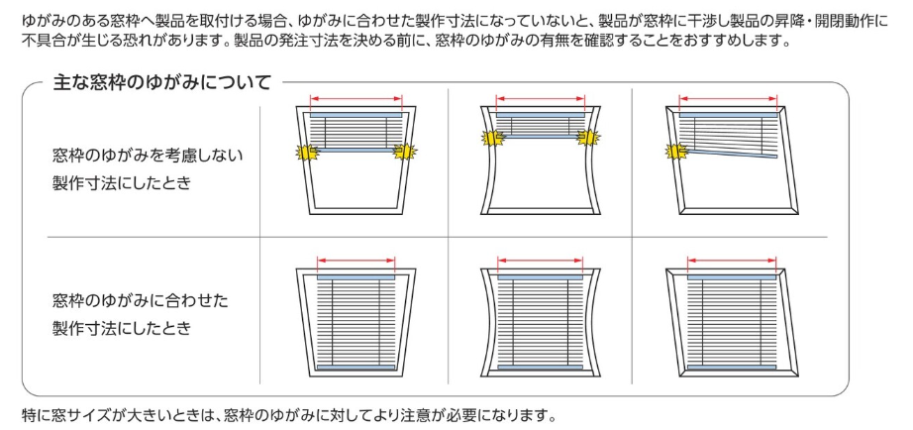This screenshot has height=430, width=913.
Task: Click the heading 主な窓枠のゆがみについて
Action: pyautogui.click(x=162, y=83)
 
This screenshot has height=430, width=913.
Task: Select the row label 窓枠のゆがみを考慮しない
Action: pyautogui.click(x=148, y=156)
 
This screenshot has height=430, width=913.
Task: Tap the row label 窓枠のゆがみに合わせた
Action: pyautogui.click(x=140, y=301)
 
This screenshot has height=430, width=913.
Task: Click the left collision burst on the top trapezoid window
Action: pyautogui.click(x=307, y=153)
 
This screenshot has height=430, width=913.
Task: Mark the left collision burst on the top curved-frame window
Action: pyautogui.click(x=492, y=138)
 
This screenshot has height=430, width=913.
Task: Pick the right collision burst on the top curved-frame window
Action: pyautogui.click(x=588, y=137)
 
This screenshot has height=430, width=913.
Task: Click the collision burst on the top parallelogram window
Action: pyautogui.click(x=676, y=152)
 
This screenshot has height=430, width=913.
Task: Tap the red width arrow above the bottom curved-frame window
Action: pyautogui.click(x=541, y=260)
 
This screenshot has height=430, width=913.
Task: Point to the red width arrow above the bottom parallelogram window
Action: pyautogui.click(x=732, y=260)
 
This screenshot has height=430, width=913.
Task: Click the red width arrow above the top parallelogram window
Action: pyautogui.click(x=729, y=99)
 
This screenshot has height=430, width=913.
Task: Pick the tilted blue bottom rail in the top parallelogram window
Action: pyautogui.click(x=733, y=154)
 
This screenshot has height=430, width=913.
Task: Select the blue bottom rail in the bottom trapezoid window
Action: pyautogui.click(x=356, y=368)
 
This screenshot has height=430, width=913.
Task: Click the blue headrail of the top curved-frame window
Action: pyautogui.click(x=540, y=115)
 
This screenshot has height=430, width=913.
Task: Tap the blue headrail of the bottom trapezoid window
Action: pyautogui.click(x=356, y=277)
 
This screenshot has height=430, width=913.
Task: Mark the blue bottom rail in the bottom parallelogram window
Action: pyautogui.click(x=732, y=368)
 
